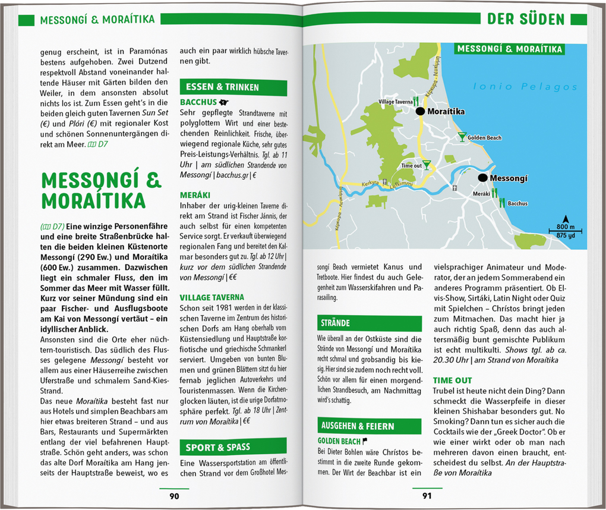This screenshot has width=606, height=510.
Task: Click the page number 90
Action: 174,496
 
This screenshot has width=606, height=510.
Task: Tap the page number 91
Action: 427,496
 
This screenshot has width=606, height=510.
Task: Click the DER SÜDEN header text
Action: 526,20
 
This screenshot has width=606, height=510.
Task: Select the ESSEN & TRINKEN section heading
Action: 222,87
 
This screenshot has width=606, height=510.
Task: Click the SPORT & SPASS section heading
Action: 217,447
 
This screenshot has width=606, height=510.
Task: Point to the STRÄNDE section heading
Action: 336,323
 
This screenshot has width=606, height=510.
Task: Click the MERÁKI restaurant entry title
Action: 195,194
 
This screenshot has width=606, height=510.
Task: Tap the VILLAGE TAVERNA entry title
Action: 212,297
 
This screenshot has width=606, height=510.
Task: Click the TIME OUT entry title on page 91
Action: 452,380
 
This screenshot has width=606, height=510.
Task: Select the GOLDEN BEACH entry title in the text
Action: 339,442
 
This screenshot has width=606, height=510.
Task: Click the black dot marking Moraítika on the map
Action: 420,111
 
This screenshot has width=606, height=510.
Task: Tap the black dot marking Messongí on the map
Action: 482,178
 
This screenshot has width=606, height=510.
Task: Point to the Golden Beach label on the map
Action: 484,138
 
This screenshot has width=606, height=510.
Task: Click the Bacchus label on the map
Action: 517,203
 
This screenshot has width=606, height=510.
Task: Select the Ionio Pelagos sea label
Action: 525,87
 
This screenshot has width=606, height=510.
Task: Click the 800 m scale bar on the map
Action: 565,230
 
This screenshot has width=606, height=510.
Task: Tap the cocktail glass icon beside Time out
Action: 427,165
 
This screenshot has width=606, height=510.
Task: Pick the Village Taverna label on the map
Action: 395,102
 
